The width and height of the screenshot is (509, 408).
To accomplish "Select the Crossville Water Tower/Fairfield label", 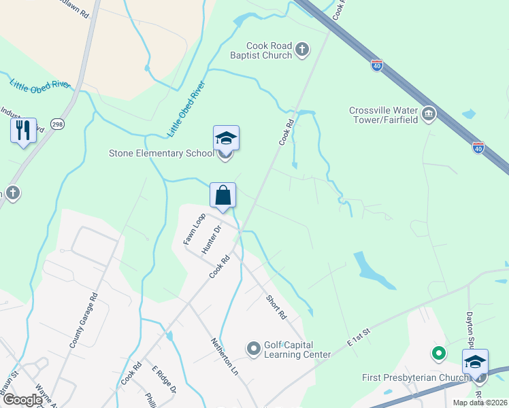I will (382, 116).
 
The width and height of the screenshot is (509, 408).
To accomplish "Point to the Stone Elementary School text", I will (161, 153).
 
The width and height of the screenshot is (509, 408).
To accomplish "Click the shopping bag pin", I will (223, 196).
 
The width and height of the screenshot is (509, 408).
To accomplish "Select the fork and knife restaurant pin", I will (23, 130).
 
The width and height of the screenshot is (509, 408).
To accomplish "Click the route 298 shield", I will (57, 124).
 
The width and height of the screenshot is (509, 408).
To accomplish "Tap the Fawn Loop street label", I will (194, 229).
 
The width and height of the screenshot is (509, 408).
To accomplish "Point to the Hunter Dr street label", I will (212, 239).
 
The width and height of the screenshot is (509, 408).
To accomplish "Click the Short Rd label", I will (276, 307).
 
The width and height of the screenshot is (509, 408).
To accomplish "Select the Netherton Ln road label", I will (225, 356).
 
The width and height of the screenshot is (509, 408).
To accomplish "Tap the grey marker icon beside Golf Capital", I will (254, 350).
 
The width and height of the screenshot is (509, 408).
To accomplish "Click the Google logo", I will (22, 400).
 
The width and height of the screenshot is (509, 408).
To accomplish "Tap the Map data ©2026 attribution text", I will (480, 403).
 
